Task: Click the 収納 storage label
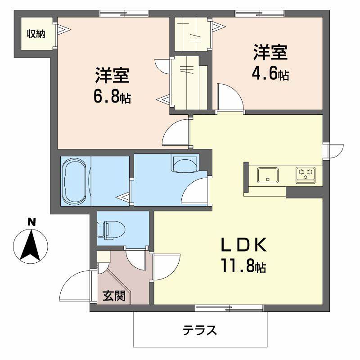click(36, 34)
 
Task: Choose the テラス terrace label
click(200, 331)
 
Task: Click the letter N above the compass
click(31, 222)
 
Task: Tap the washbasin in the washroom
click(185, 164)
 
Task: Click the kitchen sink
click(267, 175)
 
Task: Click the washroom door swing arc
click(196, 191)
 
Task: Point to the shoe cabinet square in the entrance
click(103, 257)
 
